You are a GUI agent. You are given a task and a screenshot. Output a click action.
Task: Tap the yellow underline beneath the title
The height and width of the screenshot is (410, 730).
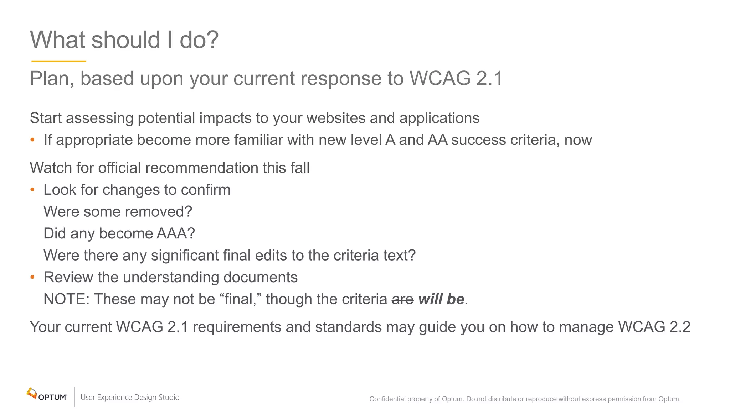click(59, 61)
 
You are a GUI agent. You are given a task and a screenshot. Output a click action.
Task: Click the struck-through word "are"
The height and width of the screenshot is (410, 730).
click(402, 299)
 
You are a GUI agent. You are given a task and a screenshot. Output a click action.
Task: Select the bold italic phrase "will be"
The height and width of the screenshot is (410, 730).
click(441, 299)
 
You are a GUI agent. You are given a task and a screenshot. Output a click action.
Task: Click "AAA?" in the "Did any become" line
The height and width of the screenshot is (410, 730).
click(176, 234)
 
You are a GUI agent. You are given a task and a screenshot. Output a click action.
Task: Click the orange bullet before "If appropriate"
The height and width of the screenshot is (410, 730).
click(32, 140)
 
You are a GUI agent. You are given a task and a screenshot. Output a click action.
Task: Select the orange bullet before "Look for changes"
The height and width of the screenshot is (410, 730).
click(32, 190)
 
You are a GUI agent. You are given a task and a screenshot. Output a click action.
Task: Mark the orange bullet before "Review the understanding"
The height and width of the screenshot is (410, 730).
click(32, 277)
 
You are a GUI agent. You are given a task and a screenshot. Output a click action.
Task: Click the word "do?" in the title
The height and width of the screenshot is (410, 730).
click(199, 40)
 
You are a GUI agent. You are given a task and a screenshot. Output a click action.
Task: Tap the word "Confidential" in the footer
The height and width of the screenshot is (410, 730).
click(387, 399)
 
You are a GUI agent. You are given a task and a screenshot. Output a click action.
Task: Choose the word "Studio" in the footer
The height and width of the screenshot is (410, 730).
click(169, 397)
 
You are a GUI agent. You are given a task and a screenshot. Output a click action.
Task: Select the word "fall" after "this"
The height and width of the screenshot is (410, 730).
click(300, 168)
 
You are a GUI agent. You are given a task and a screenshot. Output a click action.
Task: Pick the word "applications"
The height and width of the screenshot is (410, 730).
click(439, 119)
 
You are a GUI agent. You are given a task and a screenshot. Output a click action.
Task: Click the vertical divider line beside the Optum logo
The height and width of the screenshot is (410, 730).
click(74, 397)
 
